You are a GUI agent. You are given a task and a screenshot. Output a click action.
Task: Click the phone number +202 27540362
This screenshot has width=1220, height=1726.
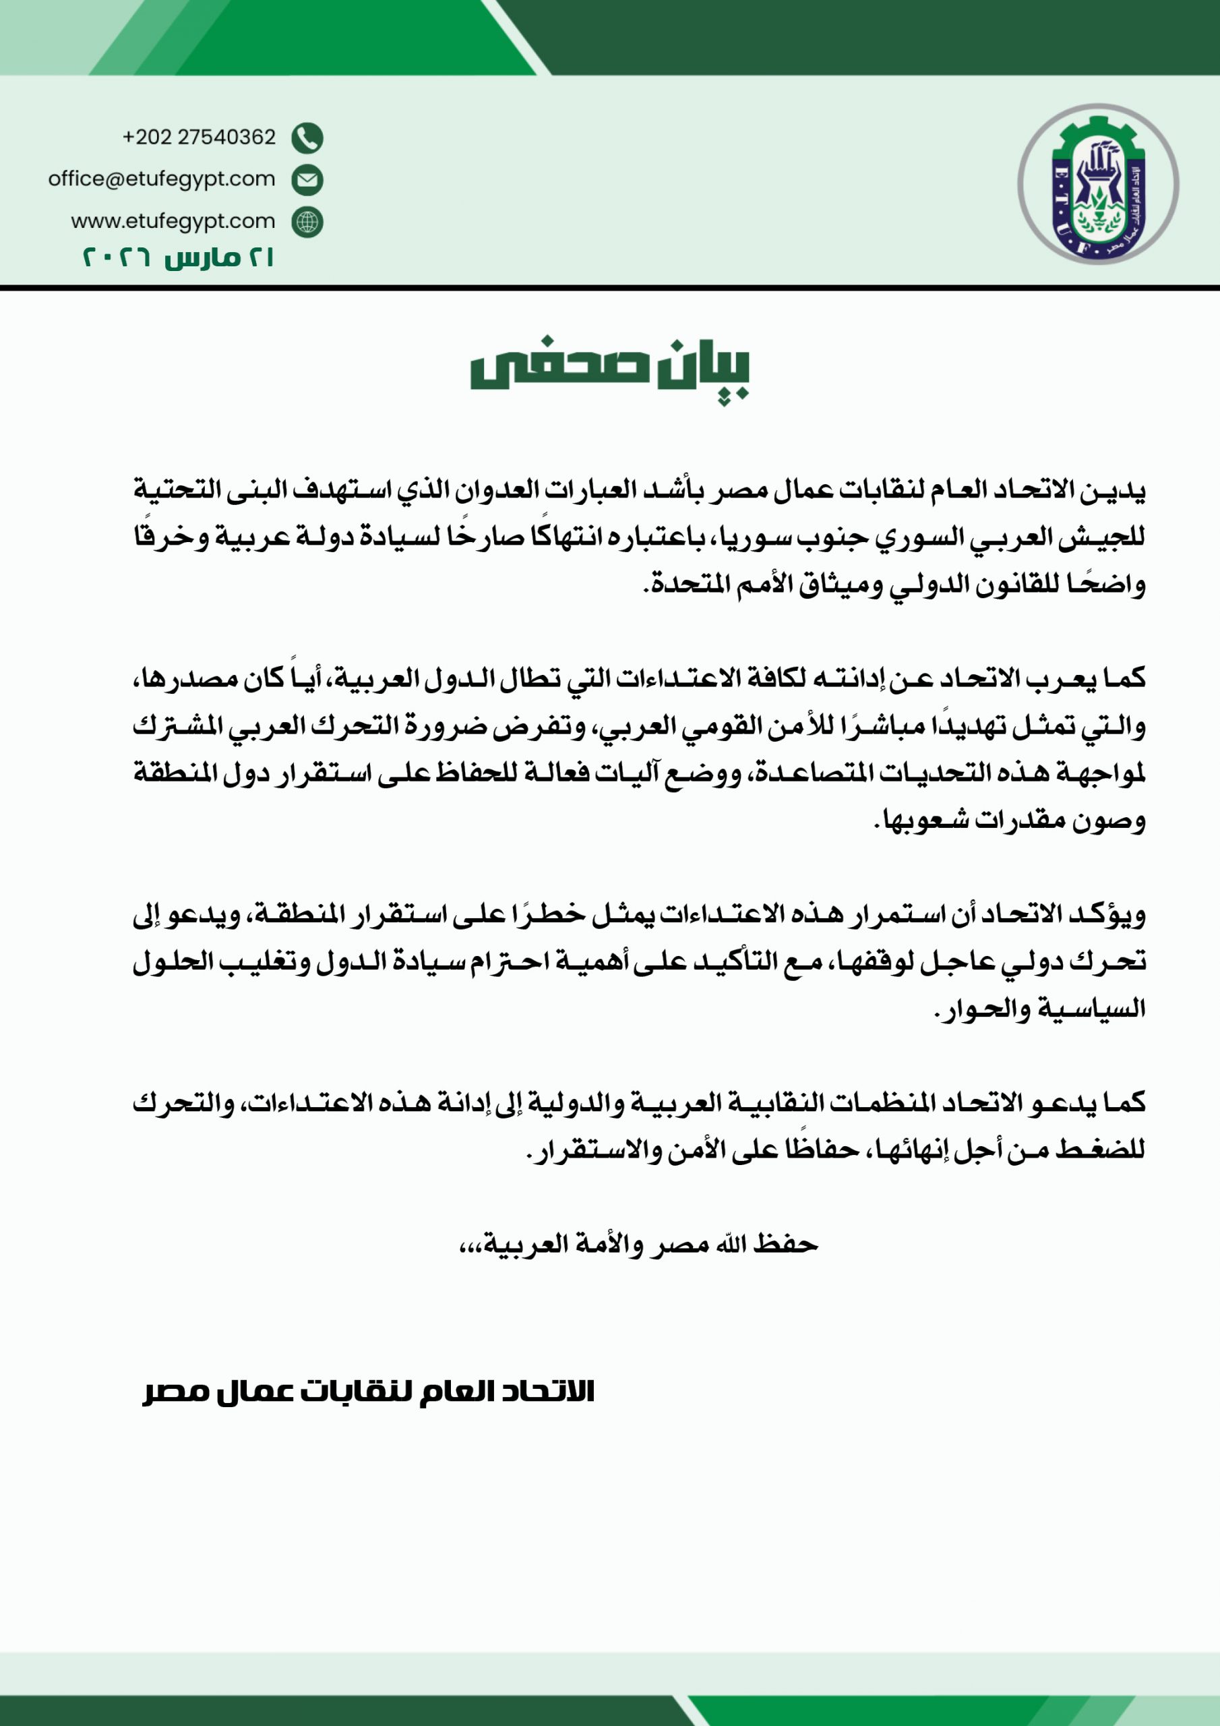point(200,138)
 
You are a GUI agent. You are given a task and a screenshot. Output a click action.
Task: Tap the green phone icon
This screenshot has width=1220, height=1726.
point(307,138)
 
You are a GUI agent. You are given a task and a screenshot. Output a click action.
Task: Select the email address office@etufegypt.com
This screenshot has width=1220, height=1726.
point(162,179)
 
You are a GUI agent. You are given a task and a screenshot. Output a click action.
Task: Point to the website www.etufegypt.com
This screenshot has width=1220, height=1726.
point(173,222)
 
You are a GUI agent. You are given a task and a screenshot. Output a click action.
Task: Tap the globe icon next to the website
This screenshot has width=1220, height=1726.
point(307,222)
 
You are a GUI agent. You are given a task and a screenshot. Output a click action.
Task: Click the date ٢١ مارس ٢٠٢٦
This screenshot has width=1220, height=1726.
point(177,258)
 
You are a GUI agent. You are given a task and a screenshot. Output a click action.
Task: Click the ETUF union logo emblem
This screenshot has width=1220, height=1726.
point(1097,184)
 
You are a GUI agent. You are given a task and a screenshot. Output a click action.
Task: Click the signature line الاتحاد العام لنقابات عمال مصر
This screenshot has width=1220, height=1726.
point(368,1392)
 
